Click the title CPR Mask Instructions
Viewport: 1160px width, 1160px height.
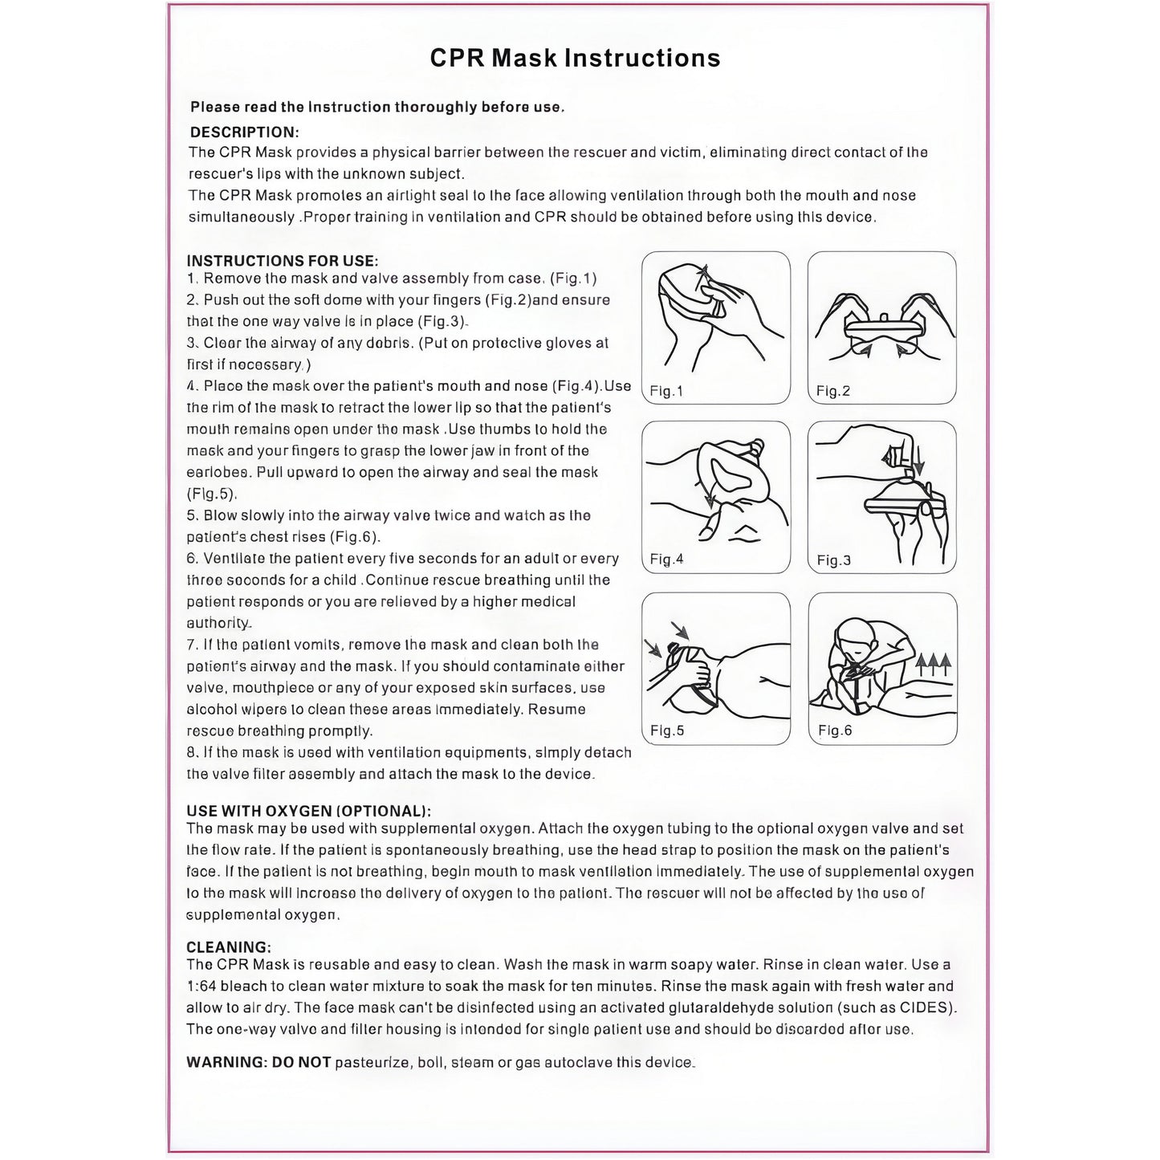575,59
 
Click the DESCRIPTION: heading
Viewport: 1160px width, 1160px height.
244,132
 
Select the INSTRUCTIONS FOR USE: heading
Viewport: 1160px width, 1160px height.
283,261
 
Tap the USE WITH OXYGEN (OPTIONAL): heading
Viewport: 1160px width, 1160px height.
309,811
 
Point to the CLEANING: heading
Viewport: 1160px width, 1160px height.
229,947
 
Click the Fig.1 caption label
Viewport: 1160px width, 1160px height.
666,391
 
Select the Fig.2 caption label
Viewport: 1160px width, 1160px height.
833,391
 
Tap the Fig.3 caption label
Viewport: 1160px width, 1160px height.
834,560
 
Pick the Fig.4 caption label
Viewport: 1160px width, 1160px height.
666,560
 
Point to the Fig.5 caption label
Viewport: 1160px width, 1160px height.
667,731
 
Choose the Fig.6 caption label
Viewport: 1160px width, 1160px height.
835,731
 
